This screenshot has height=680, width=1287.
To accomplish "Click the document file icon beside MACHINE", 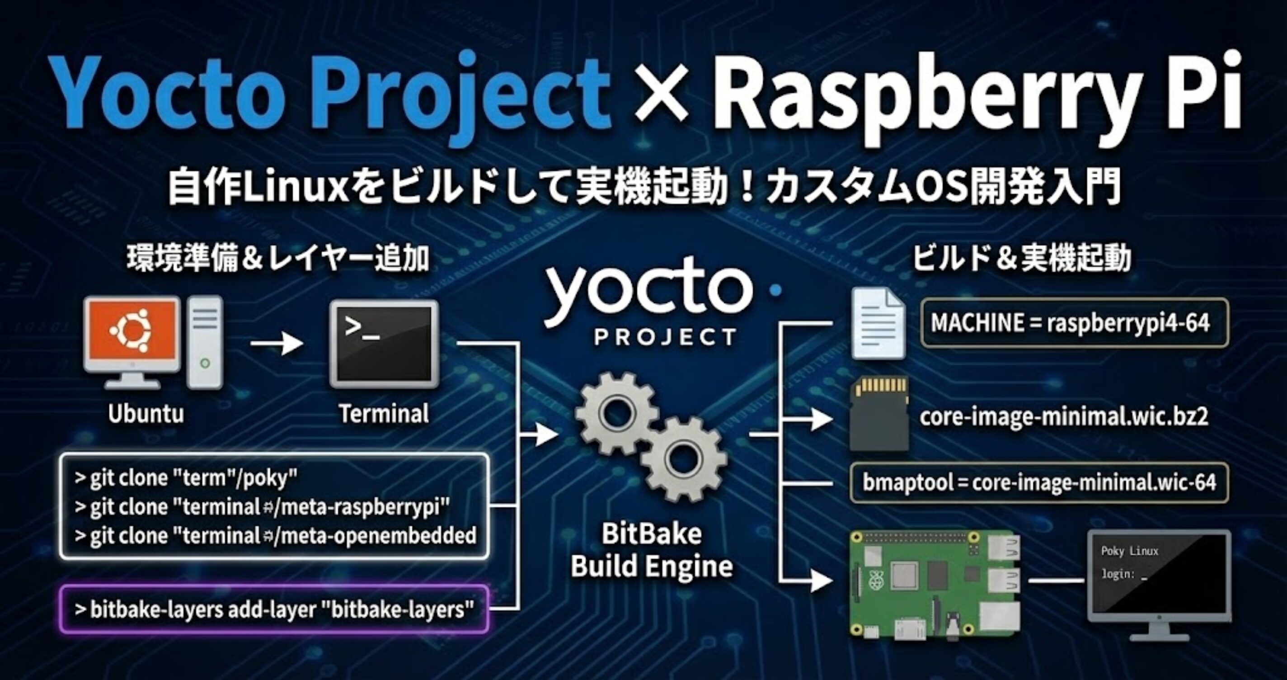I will click(878, 324).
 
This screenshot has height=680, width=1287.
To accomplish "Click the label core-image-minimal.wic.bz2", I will click(1063, 417).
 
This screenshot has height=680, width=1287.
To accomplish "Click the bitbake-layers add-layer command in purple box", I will click(274, 609).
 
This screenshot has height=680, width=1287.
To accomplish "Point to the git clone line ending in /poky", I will click(186, 478).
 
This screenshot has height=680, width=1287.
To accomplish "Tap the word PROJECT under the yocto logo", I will click(664, 337).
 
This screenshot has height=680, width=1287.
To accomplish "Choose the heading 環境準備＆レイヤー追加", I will click(278, 259).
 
